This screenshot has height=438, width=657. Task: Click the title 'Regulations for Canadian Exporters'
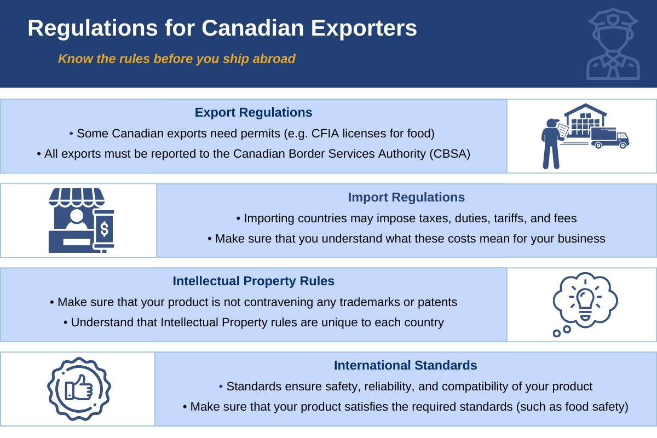coord(222,28)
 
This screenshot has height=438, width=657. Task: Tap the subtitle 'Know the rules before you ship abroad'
coord(176,59)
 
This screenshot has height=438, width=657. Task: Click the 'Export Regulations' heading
coord(253,112)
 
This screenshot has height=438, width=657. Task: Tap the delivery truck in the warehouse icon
coord(609,137)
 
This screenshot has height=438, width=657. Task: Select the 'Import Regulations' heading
coord(406,197)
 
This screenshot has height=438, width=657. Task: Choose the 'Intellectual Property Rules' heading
coord(253,281)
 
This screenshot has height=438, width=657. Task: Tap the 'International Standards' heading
coord(405,365)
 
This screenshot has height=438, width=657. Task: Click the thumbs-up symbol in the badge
coord(78,389)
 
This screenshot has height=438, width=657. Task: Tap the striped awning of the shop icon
coord(77,195)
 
